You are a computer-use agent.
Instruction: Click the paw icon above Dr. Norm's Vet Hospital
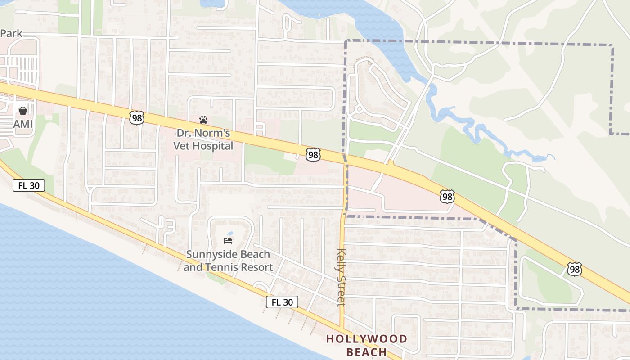coord(203,120)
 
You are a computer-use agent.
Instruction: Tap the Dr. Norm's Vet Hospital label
coord(204,139)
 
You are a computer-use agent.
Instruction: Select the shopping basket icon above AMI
coord(23,110)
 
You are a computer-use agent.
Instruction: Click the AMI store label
coord(23,124)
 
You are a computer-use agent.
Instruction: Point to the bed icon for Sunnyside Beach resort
coord(228,241)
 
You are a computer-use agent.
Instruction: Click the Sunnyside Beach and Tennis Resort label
coord(228,261)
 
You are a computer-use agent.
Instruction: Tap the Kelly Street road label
coord(341,277)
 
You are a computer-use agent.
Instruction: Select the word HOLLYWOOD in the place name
coord(367,339)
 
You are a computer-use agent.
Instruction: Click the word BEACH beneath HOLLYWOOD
coord(367,352)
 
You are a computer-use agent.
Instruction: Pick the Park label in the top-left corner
coord(11,34)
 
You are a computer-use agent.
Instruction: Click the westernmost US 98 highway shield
coord(137,118)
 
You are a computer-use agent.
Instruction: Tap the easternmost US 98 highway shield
coord(574,269)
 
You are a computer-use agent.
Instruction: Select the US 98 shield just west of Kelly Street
coord(313,155)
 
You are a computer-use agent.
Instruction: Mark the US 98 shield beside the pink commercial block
coord(447,197)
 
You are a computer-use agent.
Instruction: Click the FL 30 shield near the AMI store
coord(29,185)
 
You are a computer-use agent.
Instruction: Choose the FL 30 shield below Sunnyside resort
coord(282,302)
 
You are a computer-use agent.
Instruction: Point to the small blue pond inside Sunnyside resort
coord(230,234)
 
